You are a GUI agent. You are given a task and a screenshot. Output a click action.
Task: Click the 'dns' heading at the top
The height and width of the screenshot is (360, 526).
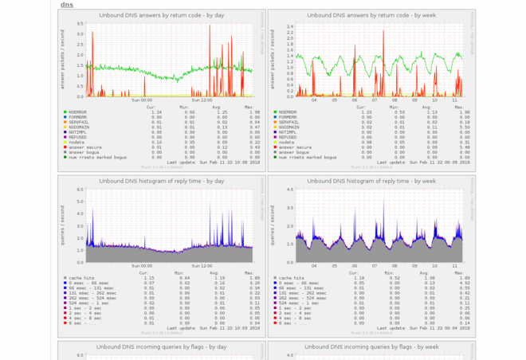click(67, 4)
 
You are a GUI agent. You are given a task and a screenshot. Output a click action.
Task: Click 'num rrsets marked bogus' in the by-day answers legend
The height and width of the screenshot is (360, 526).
click(90, 156)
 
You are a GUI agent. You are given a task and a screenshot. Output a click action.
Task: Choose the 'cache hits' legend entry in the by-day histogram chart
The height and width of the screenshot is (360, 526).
click(80, 278)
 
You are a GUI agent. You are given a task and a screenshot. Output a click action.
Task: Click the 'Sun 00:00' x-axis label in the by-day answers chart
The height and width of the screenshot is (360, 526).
click(141, 100)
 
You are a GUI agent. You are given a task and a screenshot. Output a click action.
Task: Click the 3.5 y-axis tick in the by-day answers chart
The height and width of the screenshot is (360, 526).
click(80, 24)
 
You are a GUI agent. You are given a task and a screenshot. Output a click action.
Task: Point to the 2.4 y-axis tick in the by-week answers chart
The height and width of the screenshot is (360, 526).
click(291, 26)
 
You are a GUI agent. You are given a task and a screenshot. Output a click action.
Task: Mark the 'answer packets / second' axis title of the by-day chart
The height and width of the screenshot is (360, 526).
click(67, 60)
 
